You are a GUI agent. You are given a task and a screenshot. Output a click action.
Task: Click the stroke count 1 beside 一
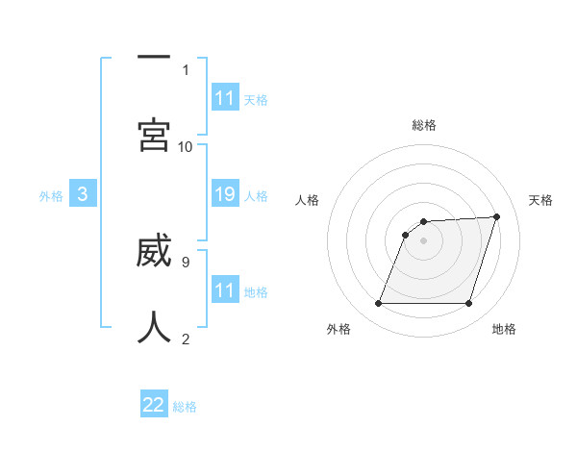click(186, 69)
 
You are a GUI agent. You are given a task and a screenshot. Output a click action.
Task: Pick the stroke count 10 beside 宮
click(186, 146)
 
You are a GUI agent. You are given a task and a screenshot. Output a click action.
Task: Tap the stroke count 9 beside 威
click(185, 261)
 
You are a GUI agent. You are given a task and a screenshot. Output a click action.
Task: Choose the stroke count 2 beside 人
click(186, 339)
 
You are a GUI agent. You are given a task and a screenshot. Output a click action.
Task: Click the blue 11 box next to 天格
click(225, 98)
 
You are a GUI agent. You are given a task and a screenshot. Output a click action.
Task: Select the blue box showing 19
click(225, 194)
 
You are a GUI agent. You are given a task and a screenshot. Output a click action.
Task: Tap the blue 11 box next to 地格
click(225, 290)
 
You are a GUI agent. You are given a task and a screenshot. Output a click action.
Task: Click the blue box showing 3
click(83, 194)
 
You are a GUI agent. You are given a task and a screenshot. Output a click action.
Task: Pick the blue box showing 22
click(154, 405)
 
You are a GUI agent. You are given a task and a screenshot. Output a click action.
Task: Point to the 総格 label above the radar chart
click(424, 125)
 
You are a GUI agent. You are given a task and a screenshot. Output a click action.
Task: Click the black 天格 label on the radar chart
click(541, 200)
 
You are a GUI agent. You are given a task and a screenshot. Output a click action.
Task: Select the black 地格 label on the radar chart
click(504, 329)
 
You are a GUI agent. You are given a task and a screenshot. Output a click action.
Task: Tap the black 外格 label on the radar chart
click(339, 329)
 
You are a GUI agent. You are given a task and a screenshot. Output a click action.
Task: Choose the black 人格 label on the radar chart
click(307, 200)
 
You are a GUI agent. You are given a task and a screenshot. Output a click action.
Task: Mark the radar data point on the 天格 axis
click(497, 216)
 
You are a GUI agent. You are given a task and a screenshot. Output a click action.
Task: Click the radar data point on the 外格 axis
click(379, 304)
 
